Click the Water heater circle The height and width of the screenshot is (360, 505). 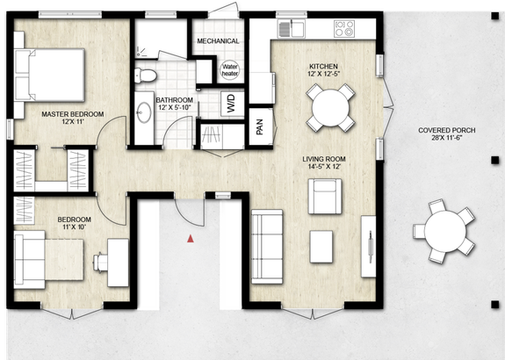231,69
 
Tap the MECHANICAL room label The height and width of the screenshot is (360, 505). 218,41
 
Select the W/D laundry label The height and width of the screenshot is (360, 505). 231,106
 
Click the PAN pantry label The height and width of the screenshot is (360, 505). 259,127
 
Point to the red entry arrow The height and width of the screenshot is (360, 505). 189,237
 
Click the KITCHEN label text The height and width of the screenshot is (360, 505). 324,67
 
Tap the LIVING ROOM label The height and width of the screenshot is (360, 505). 323,159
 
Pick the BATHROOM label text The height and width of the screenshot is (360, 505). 175,101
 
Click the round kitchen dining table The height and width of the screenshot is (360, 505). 332,108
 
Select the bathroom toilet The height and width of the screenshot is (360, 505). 148,74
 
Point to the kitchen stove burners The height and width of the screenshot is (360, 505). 343,30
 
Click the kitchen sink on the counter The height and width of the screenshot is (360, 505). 291,30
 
